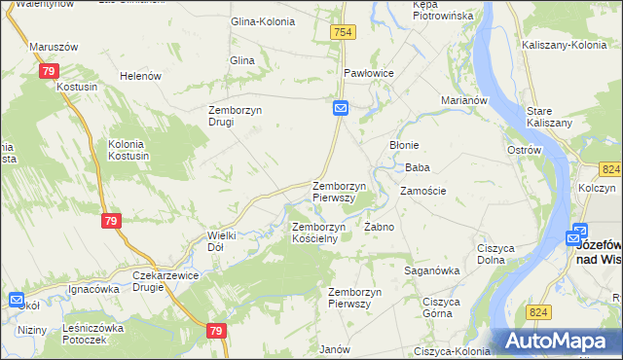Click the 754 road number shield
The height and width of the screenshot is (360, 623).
point(343,33)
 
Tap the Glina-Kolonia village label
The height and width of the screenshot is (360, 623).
point(261,20)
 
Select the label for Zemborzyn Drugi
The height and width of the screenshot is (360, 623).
point(235,116)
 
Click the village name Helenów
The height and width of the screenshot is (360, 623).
point(139,76)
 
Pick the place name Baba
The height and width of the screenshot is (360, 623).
point(418,167)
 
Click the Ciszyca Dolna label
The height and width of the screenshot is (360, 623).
point(495,254)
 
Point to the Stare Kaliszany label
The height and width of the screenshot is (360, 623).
point(546,117)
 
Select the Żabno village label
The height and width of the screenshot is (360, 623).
point(378,227)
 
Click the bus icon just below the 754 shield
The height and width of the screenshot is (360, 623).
point(341,108)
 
